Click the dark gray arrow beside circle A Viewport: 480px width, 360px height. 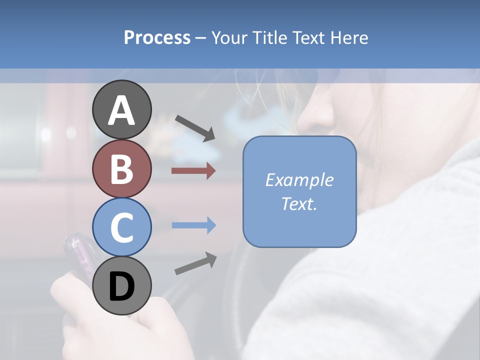195,128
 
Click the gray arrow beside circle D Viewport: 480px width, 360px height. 195,263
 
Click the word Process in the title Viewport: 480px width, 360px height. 157,37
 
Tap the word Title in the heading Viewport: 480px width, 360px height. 269,37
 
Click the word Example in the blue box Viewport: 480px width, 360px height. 299,180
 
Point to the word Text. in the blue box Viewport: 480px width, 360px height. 299,203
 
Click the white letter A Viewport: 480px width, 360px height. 122,110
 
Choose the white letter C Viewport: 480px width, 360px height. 122,228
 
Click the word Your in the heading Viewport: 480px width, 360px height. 231,37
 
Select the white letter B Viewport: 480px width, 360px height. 122,169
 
